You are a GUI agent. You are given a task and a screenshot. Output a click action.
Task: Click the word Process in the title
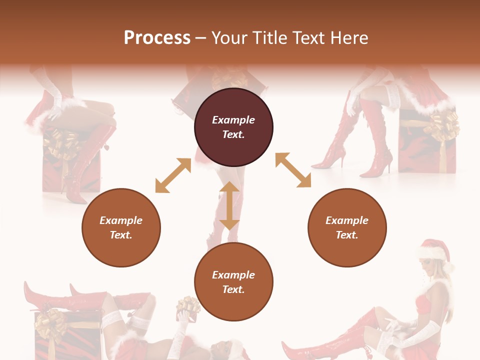(157, 38)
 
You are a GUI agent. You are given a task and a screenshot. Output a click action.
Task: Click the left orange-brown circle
(121, 228)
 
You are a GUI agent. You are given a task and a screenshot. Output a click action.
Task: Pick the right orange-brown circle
(346, 228)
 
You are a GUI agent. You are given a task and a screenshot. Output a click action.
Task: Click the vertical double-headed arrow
(229, 205)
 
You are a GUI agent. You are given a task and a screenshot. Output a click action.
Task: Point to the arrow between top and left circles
(173, 175)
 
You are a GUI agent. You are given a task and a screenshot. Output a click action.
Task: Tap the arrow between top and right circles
(293, 170)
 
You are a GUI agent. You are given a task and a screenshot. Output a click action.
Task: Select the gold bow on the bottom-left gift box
(50, 324)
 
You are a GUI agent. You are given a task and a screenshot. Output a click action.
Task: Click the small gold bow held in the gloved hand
(188, 305)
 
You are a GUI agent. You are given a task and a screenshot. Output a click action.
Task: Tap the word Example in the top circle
(233, 120)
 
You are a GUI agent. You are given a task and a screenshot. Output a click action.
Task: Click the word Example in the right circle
(346, 220)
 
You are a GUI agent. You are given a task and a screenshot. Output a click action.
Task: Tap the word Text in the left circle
(120, 235)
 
